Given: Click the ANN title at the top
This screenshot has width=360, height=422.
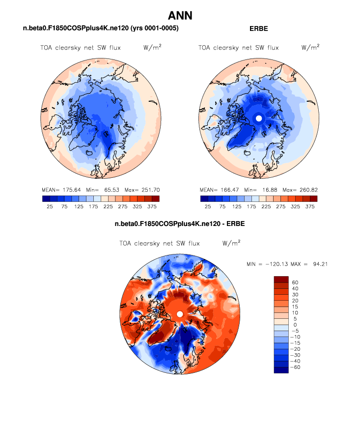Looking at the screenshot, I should point(180,16).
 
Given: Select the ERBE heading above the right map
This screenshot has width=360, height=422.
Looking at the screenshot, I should point(259,29).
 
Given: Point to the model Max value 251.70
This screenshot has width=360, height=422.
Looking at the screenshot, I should point(150,190).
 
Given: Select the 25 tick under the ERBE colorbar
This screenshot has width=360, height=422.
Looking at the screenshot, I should point(208,207).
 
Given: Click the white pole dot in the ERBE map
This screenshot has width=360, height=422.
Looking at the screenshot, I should point(259,118).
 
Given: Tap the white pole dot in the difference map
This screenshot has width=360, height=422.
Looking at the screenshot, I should point(180,314).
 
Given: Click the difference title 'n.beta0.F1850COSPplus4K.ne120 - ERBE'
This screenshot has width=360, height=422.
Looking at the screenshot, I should point(180,224).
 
